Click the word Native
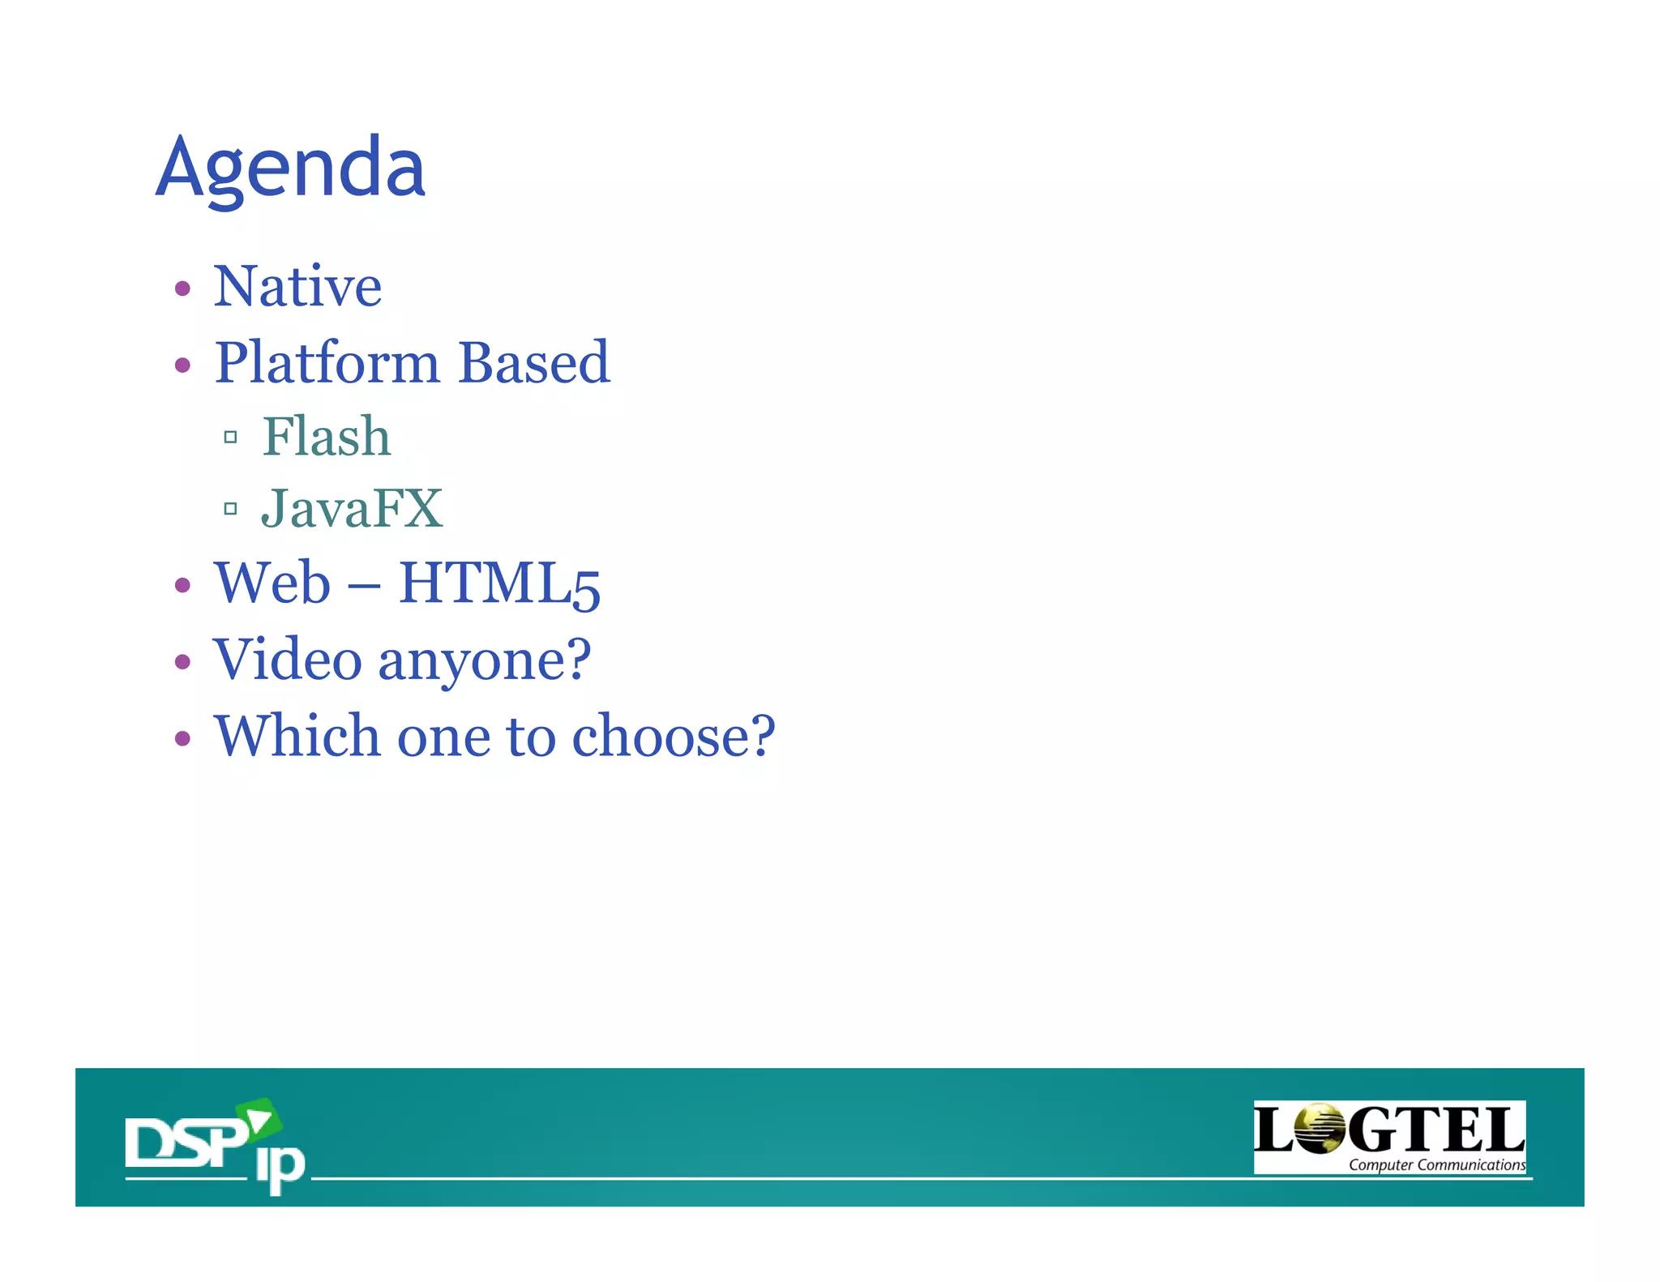click(x=297, y=287)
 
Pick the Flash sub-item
click(x=326, y=437)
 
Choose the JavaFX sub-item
click(x=351, y=509)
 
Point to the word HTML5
click(x=499, y=584)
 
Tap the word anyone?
click(x=485, y=660)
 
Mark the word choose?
click(x=674, y=736)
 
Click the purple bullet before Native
click(x=182, y=288)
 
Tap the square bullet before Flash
click(x=230, y=438)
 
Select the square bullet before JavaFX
click(x=230, y=509)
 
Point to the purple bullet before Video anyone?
click(x=182, y=661)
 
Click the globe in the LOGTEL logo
click(x=1319, y=1129)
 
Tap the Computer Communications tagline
click(x=1436, y=1165)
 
